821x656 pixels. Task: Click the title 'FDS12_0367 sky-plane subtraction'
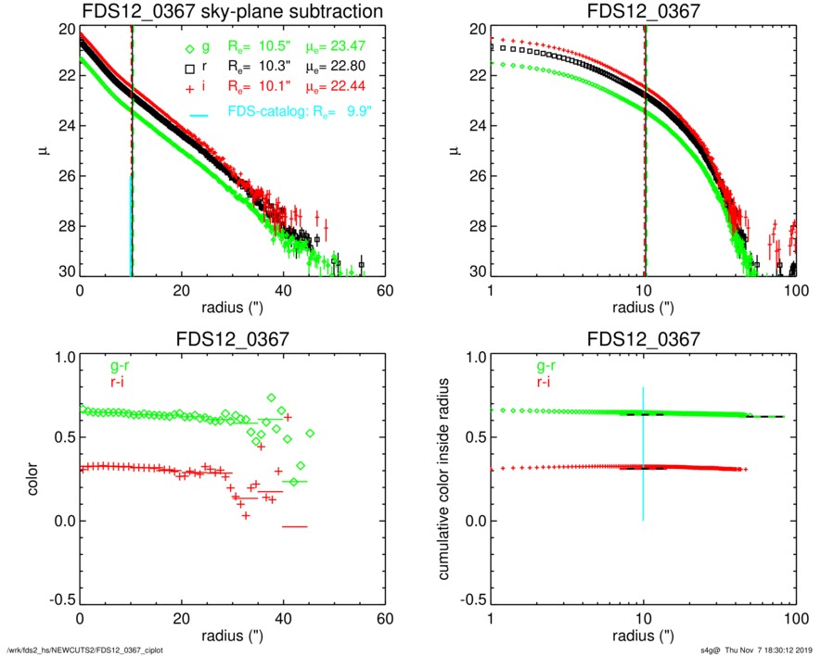click(232, 11)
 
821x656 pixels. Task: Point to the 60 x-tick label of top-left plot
click(385, 291)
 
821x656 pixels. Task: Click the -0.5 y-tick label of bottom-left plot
click(61, 600)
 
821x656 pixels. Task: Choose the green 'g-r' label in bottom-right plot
click(545, 367)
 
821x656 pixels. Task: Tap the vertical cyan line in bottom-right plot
click(643, 454)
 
